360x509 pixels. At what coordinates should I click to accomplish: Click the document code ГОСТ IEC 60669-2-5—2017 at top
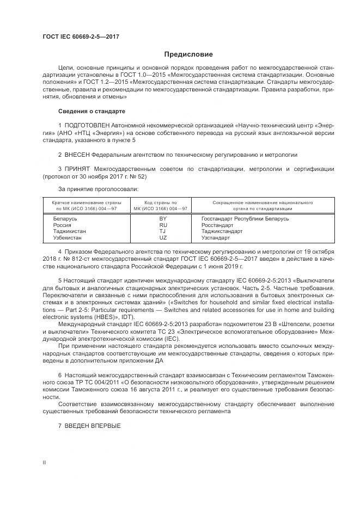click(81, 36)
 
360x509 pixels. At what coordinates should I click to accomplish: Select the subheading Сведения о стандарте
click(91, 111)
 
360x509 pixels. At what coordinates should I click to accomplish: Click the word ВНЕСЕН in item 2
click(77, 155)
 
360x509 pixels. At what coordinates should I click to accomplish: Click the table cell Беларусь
click(65, 218)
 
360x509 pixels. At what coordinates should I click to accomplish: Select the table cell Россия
click(62, 225)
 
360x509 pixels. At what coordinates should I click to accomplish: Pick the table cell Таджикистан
click(69, 231)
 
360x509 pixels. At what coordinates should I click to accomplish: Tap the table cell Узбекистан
click(68, 238)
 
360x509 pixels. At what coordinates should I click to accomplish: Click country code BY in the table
click(163, 218)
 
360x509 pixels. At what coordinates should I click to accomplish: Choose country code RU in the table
click(163, 225)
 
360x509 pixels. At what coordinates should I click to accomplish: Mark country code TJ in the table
click(163, 231)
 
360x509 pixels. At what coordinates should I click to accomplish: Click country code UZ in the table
click(163, 238)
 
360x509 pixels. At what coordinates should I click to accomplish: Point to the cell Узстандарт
click(218, 238)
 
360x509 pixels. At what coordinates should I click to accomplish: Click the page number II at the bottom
click(44, 462)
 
